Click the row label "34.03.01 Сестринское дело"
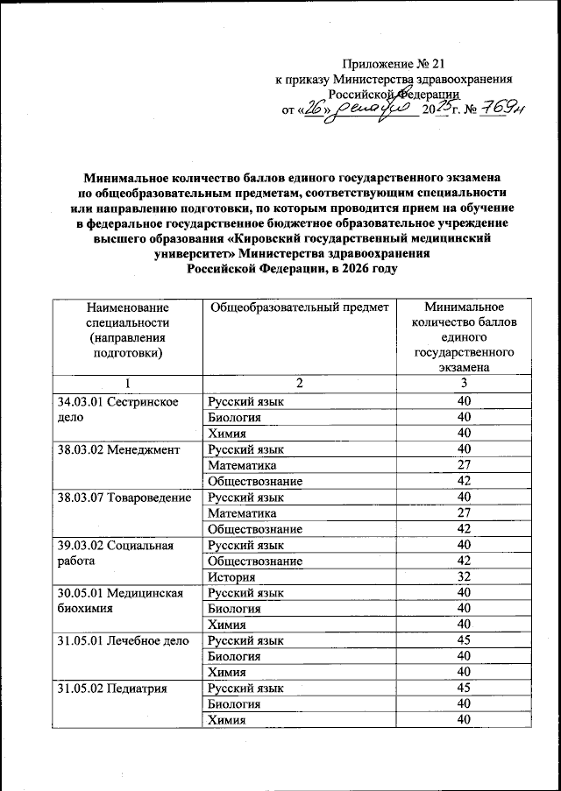(x=117, y=409)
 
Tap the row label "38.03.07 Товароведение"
(x=124, y=498)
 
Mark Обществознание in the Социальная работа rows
(x=254, y=561)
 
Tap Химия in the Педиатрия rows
(x=226, y=720)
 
